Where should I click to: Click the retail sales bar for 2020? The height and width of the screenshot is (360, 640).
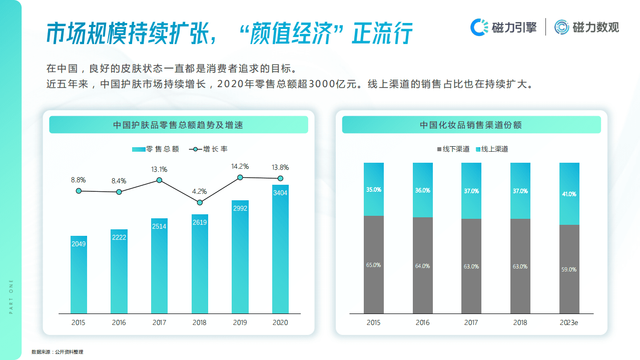click(x=280, y=250)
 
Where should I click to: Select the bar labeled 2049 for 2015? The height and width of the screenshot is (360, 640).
click(x=78, y=275)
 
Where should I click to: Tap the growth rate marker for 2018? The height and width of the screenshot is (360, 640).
click(x=200, y=202)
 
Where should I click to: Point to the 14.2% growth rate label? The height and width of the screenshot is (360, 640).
click(x=240, y=166)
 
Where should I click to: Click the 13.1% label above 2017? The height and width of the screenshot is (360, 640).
click(x=159, y=169)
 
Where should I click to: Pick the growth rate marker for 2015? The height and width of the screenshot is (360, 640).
click(x=79, y=191)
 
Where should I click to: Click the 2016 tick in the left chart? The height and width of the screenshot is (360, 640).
click(x=119, y=323)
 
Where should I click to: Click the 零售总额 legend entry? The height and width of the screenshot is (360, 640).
click(x=156, y=149)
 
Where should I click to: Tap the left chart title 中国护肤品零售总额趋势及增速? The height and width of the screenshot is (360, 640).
click(x=178, y=125)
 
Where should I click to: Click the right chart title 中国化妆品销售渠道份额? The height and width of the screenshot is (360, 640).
click(x=471, y=125)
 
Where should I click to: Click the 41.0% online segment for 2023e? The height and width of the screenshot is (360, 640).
click(x=569, y=194)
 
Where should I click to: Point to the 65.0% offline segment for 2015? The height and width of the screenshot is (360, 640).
click(x=373, y=265)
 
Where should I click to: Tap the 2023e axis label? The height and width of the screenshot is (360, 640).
click(x=569, y=323)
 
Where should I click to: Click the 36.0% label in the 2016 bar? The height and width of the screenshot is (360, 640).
click(x=422, y=190)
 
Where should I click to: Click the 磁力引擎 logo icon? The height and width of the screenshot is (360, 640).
click(x=479, y=27)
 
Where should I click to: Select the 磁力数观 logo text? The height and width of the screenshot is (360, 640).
click(x=595, y=28)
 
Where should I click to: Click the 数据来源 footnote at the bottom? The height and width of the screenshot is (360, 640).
click(x=57, y=352)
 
